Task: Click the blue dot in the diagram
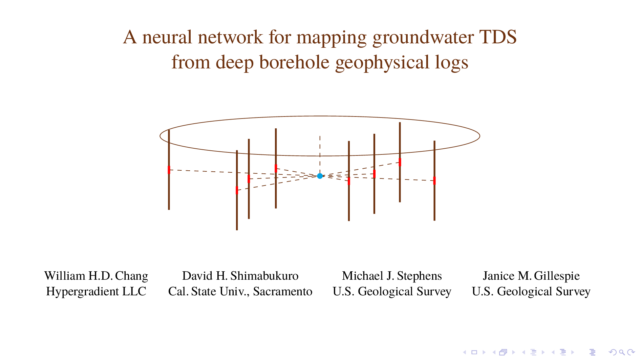coord(320,176)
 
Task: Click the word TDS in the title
coord(498,37)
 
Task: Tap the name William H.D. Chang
coord(96,276)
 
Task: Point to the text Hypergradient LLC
coord(96,291)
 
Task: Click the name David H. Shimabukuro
coord(240,276)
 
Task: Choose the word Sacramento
coord(283,291)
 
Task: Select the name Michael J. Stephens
coord(392,276)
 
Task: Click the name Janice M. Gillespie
coord(531,276)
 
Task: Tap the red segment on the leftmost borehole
coord(169,170)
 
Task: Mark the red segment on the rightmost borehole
coord(434,181)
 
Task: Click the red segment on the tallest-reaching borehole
coord(400,162)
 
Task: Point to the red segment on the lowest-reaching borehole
coord(237,190)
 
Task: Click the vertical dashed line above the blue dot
coord(320,154)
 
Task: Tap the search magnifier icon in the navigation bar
coord(622,352)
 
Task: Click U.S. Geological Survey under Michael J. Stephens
coord(392,291)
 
